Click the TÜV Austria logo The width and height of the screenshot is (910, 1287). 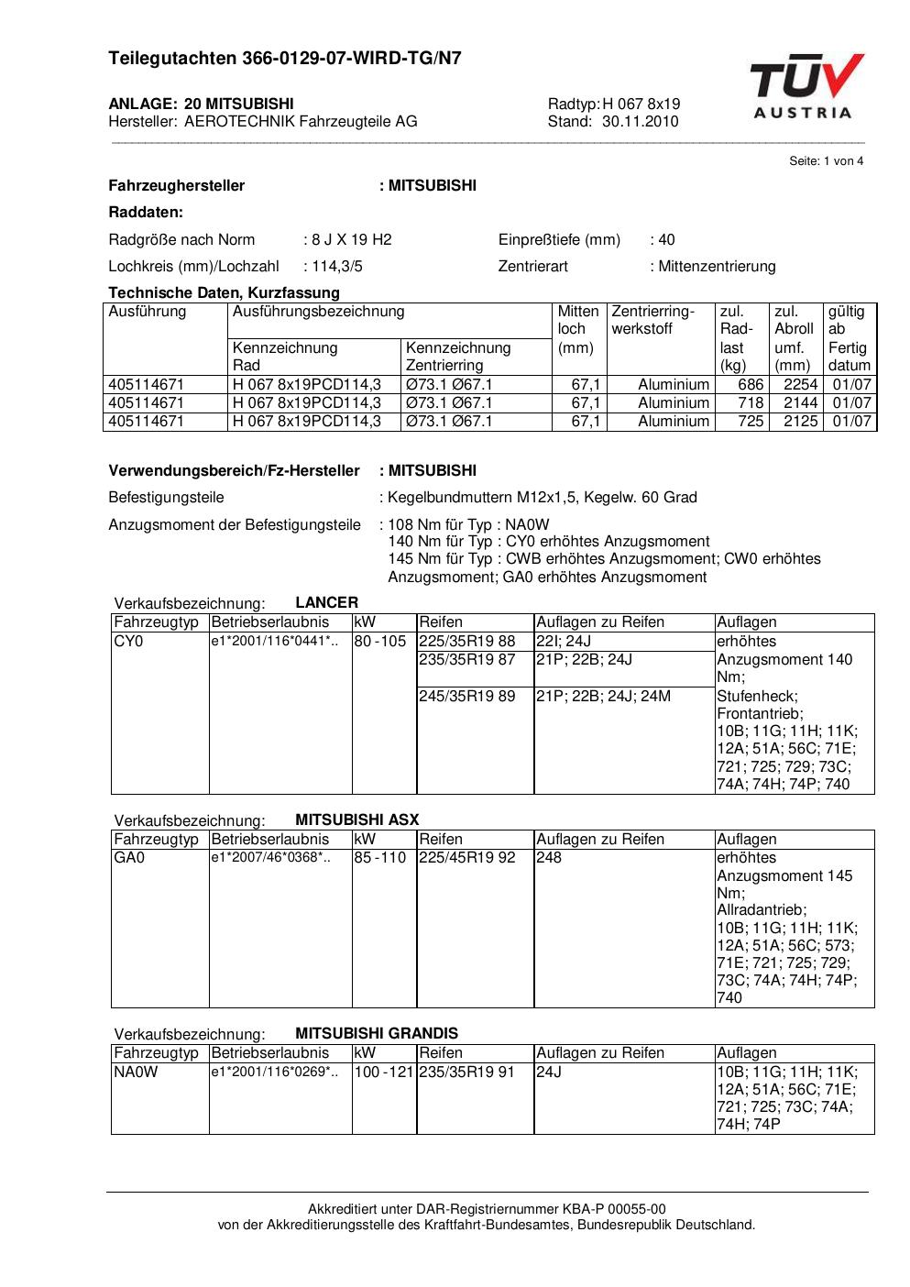pos(806,87)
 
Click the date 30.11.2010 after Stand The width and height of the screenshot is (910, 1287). pos(640,121)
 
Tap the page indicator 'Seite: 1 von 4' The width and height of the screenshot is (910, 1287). pos(826,161)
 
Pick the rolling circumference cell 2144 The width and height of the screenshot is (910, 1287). pos(800,403)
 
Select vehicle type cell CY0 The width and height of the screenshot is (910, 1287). pos(129,642)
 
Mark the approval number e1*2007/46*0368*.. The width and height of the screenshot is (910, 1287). pos(270,858)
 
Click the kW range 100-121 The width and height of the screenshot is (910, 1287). pos(384,1072)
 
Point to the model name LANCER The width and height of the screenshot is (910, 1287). pos(326,603)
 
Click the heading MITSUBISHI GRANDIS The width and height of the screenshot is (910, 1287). pos(377,1033)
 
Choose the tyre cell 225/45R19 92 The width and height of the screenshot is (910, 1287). pos(466,858)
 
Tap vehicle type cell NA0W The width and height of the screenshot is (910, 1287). pos(136,1072)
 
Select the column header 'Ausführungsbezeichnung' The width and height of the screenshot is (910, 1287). pos(318,312)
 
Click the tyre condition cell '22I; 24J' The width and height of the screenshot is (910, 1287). pos(564,642)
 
